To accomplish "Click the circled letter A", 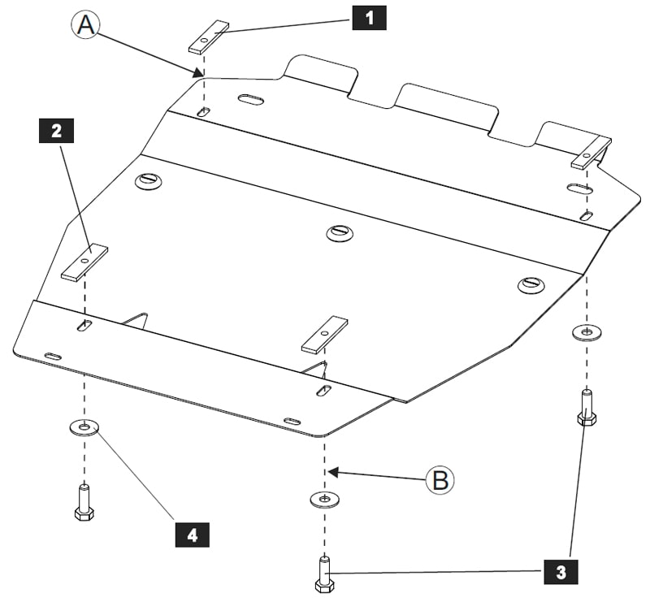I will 86,25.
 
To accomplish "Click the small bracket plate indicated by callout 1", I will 209,37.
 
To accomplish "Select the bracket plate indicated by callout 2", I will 84,262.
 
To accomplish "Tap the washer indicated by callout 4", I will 84,426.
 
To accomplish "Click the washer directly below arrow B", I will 324,498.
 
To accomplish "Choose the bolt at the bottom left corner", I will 84,504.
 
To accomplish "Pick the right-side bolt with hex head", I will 587,408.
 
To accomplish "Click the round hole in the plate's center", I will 340,232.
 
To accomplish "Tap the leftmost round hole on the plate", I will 149,180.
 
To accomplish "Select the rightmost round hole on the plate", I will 530,284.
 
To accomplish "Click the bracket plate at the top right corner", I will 591,153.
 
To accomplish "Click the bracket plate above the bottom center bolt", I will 324,335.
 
